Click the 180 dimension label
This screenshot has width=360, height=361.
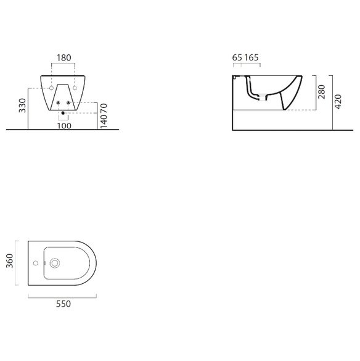[64, 58]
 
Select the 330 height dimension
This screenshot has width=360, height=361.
[23, 106]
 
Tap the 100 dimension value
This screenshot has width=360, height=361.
[64, 126]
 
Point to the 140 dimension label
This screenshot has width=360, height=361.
[104, 122]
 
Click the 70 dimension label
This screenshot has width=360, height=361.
[104, 109]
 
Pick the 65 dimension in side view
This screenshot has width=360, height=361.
[237, 57]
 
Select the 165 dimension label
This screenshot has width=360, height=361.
[252, 57]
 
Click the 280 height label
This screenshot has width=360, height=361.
[322, 92]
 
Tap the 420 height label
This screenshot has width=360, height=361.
[338, 102]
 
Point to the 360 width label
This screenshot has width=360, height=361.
[10, 261]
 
